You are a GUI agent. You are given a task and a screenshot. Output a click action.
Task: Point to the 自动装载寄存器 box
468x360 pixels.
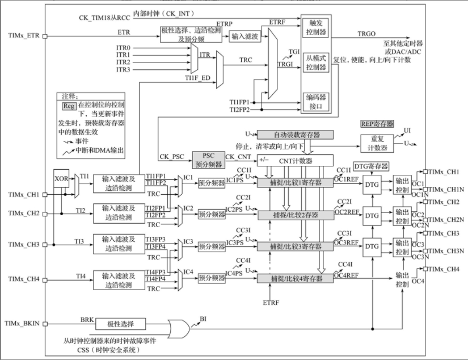[295, 135]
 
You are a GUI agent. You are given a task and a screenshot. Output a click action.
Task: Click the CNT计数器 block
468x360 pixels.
[295, 161]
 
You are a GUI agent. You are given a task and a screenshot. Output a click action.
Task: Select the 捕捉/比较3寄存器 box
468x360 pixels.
[295, 247]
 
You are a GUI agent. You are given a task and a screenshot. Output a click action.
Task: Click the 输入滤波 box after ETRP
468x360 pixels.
[245, 36]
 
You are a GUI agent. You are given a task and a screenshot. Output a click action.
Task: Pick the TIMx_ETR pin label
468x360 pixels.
[23, 36]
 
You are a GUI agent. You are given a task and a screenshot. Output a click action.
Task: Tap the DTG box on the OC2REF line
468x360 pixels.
[372, 216]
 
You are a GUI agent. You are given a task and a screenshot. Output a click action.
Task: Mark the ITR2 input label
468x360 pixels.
[123, 62]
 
